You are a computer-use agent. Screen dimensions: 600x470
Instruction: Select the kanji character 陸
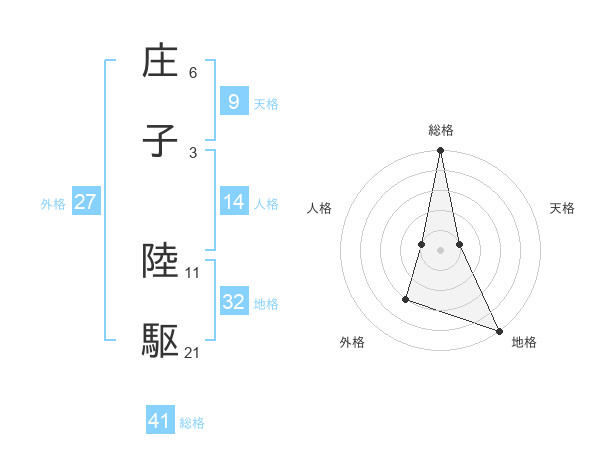pos(161,261)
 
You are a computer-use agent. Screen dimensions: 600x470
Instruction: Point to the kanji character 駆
pos(161,342)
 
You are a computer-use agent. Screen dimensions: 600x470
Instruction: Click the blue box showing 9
pos(233,101)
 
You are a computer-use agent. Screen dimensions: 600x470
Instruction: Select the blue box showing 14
pos(233,201)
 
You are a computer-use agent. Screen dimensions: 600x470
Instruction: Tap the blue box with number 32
pos(233,302)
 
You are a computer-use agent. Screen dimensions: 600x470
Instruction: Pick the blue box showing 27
pos(85,202)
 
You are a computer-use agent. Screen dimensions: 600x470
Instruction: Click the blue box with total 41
pos(160,421)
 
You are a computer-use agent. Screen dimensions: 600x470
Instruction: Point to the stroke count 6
pos(193,73)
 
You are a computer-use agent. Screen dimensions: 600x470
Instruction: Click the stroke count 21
pos(193,353)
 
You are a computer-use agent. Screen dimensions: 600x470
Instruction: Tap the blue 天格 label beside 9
pos(266,103)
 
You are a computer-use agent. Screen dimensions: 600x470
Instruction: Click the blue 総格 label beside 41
pos(192,423)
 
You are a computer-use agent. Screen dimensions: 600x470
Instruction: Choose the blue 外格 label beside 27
pos(53,204)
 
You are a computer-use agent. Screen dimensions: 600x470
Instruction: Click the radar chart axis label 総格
pos(441,130)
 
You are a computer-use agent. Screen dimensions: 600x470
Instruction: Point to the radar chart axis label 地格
pos(524,343)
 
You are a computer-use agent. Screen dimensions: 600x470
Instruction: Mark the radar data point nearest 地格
pos(499,330)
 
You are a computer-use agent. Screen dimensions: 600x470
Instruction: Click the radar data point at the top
pos(440,151)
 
